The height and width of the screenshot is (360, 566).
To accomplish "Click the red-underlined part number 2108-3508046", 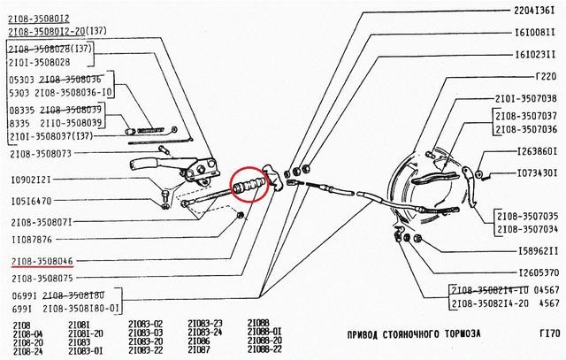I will pyautogui.click(x=42, y=262).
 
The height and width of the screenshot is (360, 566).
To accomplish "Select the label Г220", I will pyautogui.click(x=547, y=76).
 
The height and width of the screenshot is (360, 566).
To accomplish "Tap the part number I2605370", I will pyautogui.click(x=536, y=272).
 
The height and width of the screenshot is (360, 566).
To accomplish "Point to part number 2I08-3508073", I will pyautogui.click(x=42, y=153).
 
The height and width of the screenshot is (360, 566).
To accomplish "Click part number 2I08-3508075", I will pyautogui.click(x=42, y=279).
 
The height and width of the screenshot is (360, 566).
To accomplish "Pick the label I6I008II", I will pyautogui.click(x=536, y=32).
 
